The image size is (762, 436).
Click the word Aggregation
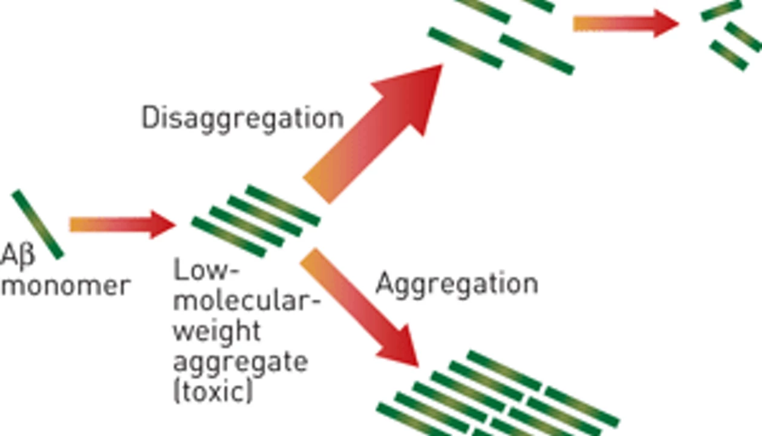(457, 285)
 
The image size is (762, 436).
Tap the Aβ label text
(18, 256)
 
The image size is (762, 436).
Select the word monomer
(66, 286)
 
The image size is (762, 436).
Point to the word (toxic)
(213, 391)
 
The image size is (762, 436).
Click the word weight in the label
(217, 332)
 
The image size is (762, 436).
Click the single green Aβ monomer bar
(37, 225)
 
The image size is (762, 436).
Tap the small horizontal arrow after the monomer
(122, 225)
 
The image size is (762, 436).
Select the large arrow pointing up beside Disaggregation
(373, 134)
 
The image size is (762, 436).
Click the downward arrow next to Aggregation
(359, 308)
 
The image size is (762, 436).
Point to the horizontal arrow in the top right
(626, 24)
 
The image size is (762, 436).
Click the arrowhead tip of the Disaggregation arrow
(442, 65)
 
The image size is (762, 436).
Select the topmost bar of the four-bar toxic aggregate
(282, 206)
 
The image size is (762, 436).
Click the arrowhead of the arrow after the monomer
(163, 225)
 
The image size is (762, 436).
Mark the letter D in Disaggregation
(150, 117)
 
